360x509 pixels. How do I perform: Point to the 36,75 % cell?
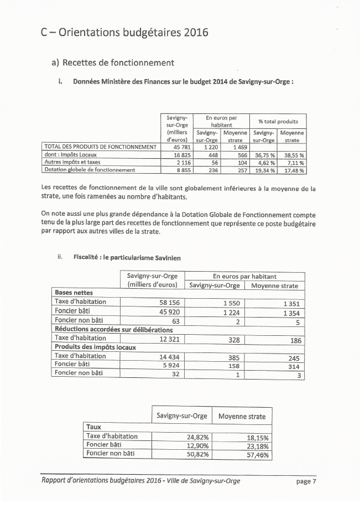coord(263,155)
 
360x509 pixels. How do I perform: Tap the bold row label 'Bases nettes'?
coord(74,293)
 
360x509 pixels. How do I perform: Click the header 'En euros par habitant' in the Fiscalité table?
coord(244,276)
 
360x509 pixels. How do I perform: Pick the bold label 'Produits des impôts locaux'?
coord(95,347)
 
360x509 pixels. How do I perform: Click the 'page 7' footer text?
coord(306,481)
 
